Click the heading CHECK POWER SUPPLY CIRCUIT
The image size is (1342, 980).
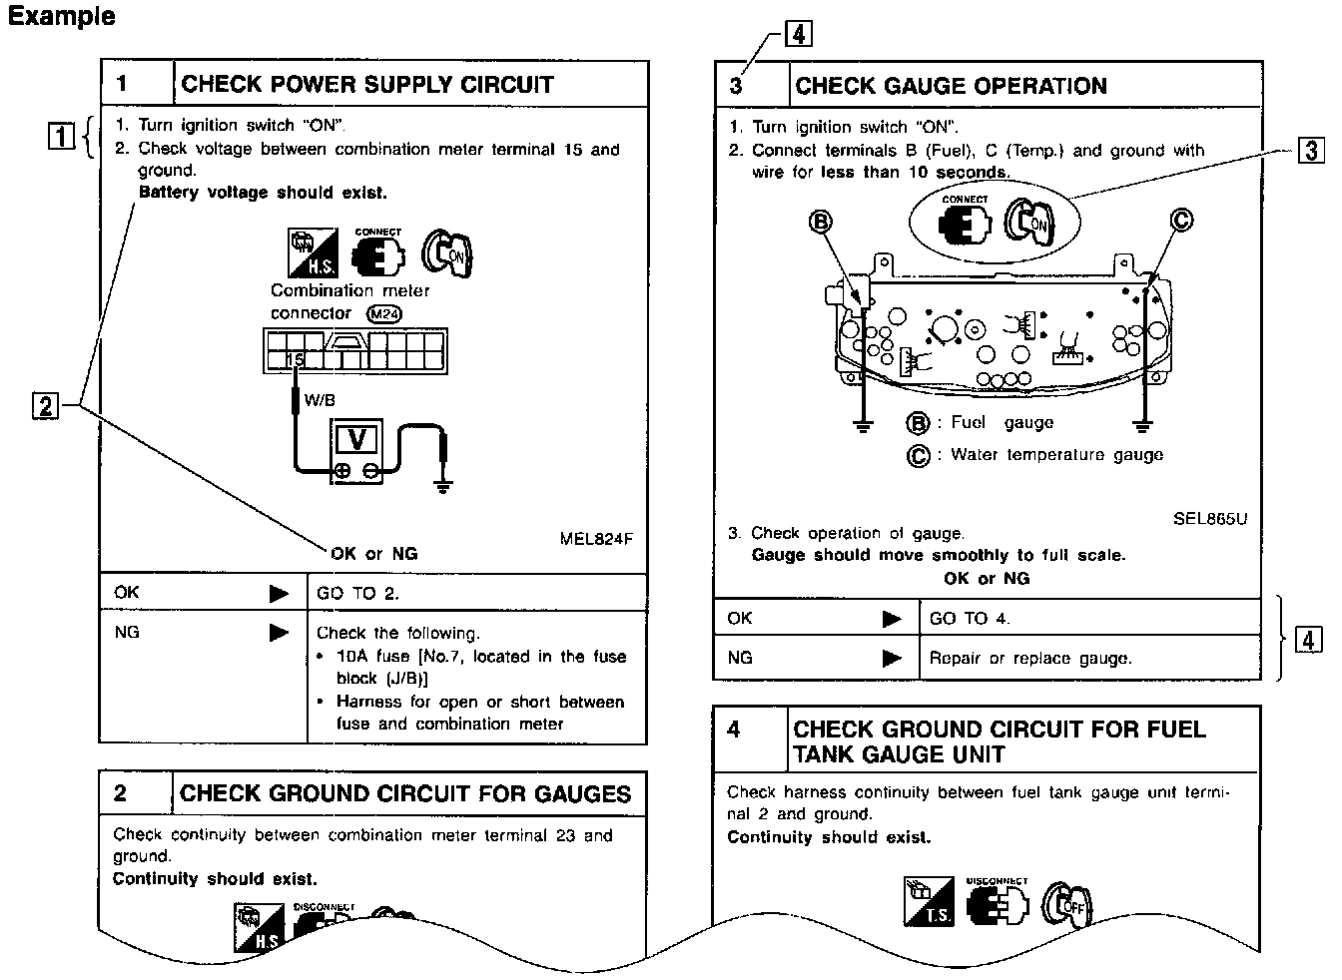[x=366, y=84]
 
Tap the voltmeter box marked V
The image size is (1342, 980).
[x=356, y=440]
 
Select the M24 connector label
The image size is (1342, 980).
[x=384, y=313]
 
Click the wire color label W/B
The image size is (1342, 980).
[x=320, y=400]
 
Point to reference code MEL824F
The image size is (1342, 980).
[x=596, y=540]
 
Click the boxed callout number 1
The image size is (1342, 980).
[x=61, y=135]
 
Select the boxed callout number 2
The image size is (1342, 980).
[x=45, y=406]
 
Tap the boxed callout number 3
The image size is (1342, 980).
[x=1311, y=151]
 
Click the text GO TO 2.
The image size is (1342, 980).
[x=357, y=593]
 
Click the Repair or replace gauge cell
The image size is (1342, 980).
[x=1029, y=659]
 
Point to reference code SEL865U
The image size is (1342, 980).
[x=1210, y=519]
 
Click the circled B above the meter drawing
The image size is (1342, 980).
[x=821, y=222]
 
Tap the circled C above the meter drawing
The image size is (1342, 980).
[x=1181, y=220]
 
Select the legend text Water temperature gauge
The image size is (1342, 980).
[x=1056, y=455]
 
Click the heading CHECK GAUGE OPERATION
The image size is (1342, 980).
[x=951, y=86]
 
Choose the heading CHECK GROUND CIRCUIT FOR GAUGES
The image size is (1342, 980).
[x=404, y=794]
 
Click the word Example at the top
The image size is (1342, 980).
[x=62, y=16]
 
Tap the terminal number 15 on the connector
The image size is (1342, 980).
[x=295, y=360]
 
